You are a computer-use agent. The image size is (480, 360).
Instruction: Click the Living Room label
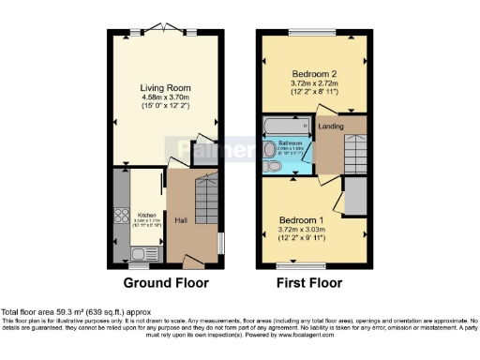click(166, 88)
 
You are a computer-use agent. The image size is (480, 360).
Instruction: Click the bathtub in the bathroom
click(286, 127)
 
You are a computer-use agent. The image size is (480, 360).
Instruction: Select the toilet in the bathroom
click(273, 166)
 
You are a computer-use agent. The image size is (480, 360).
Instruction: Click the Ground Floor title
click(166, 282)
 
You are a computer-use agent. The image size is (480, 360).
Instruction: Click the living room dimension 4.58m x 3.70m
click(166, 98)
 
